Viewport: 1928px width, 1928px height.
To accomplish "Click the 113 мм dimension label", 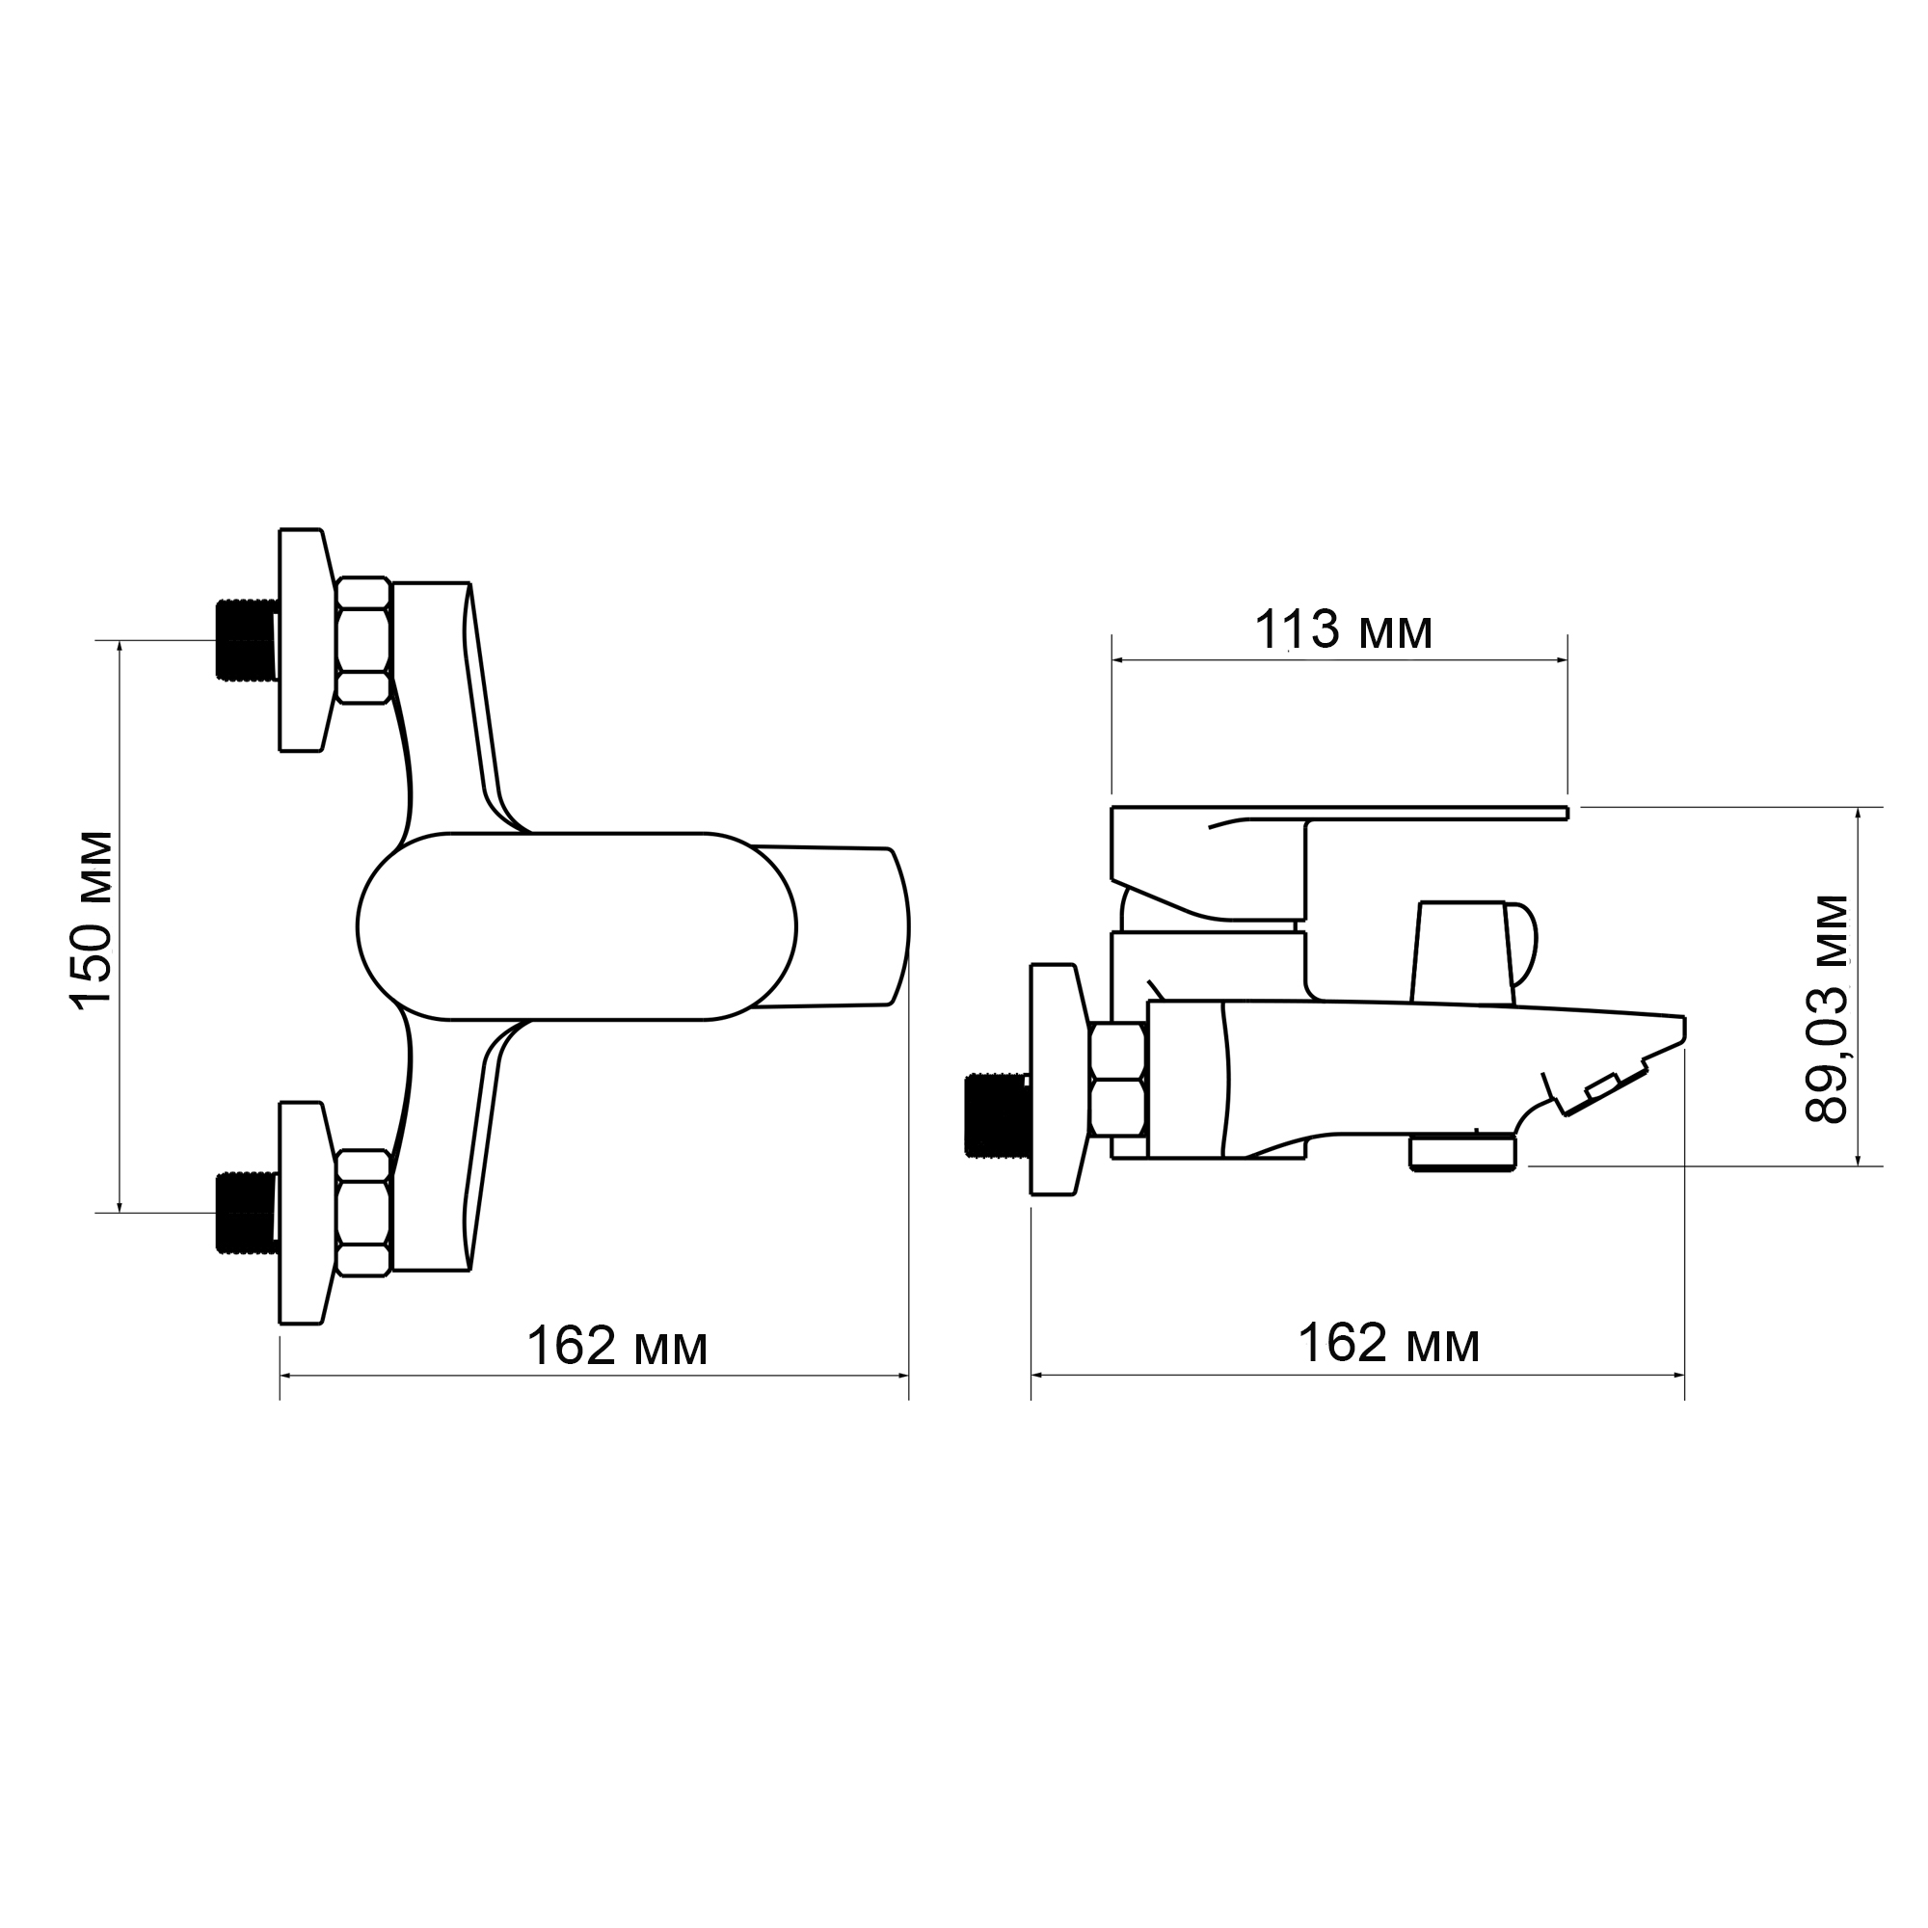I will click(1342, 630).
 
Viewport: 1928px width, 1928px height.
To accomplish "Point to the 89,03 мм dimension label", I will click(1827, 1009).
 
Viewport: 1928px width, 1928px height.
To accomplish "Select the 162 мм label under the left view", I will click(617, 1346).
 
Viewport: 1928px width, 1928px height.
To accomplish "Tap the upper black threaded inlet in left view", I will click(245, 642).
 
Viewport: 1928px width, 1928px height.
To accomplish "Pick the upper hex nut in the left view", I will click(363, 641).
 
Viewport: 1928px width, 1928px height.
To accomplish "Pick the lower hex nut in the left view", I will click(363, 1213).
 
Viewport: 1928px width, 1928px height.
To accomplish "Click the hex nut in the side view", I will click(1118, 1079).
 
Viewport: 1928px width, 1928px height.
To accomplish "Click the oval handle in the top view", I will click(576, 926).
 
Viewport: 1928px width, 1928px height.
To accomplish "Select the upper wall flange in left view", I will click(303, 640).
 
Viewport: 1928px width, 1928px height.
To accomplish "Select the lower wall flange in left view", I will click(303, 1213).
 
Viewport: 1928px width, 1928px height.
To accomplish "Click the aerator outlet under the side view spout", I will click(1462, 1154).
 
